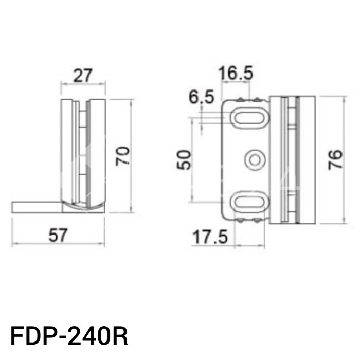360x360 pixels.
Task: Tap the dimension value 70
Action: click(123, 156)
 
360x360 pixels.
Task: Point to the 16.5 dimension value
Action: click(235, 74)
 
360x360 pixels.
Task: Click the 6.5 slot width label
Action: click(201, 97)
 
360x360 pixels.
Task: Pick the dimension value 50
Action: click(184, 160)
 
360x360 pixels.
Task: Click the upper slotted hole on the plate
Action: click(249, 117)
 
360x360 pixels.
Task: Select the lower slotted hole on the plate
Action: click(249, 202)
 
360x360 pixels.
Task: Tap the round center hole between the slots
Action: click(253, 160)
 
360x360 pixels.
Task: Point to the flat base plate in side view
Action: click(36, 207)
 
